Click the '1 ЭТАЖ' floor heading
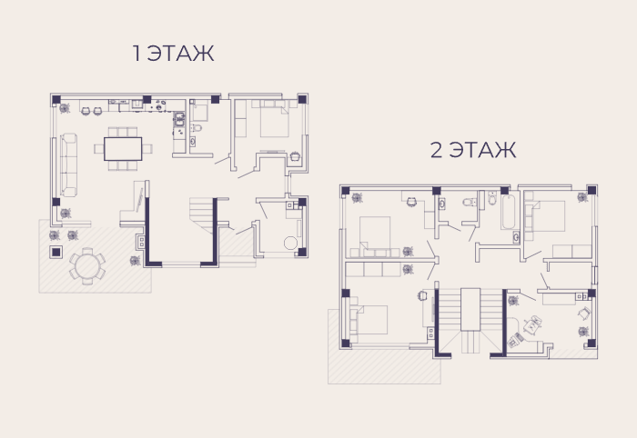click(174, 54)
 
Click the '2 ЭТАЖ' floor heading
click(473, 150)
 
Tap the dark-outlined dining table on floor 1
click(123, 149)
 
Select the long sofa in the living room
click(68, 164)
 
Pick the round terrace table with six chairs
click(87, 266)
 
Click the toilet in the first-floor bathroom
click(197, 128)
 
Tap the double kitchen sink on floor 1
click(179, 119)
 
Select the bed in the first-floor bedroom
click(274, 119)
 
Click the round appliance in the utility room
click(291, 243)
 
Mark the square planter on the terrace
click(56, 253)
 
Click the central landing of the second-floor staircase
click(470, 310)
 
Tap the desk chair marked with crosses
click(532, 324)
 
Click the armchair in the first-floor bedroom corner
click(295, 156)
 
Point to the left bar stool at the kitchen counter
click(86, 111)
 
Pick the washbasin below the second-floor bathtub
click(516, 237)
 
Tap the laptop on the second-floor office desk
click(515, 341)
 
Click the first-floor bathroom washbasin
click(193, 142)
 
